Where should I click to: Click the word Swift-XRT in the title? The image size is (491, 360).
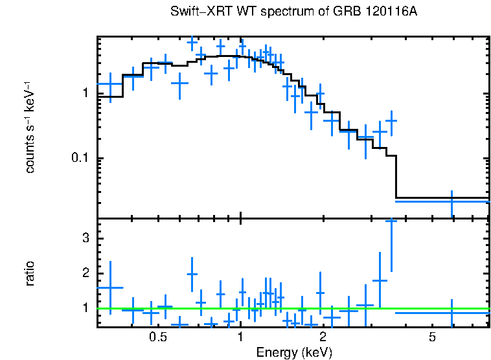pos(196,12)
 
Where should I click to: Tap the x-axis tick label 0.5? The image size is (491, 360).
pos(157,337)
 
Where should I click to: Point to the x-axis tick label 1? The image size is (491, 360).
pos(240,337)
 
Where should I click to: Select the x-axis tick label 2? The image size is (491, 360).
pos(323,337)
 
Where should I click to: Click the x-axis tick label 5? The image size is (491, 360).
pos(432,337)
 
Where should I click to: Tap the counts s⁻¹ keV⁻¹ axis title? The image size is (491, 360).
pos(30,127)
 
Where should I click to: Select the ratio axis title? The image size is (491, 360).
pos(30,273)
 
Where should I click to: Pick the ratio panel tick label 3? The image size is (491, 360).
pos(85,238)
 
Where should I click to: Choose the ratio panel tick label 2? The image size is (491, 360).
pos(85,273)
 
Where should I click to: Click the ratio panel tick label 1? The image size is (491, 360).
pos(85,308)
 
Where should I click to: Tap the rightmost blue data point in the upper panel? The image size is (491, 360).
pos(451,201)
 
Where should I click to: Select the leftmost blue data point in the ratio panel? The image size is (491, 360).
pos(110,287)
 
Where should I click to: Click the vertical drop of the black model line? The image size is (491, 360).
pos(396,176)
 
